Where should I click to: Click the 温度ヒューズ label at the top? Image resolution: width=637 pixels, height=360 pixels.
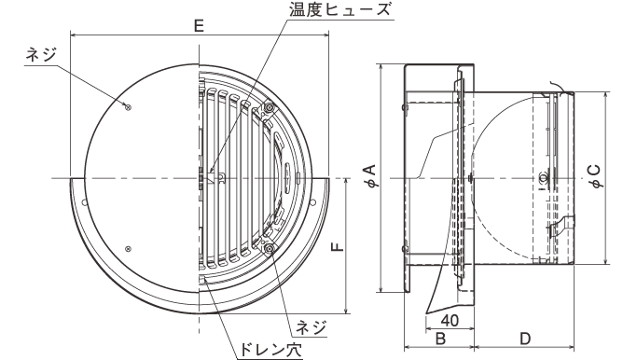[x=339, y=9]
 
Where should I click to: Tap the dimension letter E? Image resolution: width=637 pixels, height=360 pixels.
[x=199, y=26]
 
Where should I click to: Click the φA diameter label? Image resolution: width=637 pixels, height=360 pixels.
[x=372, y=175]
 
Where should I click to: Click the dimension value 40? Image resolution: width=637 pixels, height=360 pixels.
[x=450, y=321]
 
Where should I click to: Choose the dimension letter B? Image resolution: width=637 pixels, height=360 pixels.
[x=440, y=338]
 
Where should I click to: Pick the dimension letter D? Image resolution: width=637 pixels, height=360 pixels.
[x=525, y=338]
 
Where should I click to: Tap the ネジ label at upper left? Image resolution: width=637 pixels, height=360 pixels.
[x=41, y=54]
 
